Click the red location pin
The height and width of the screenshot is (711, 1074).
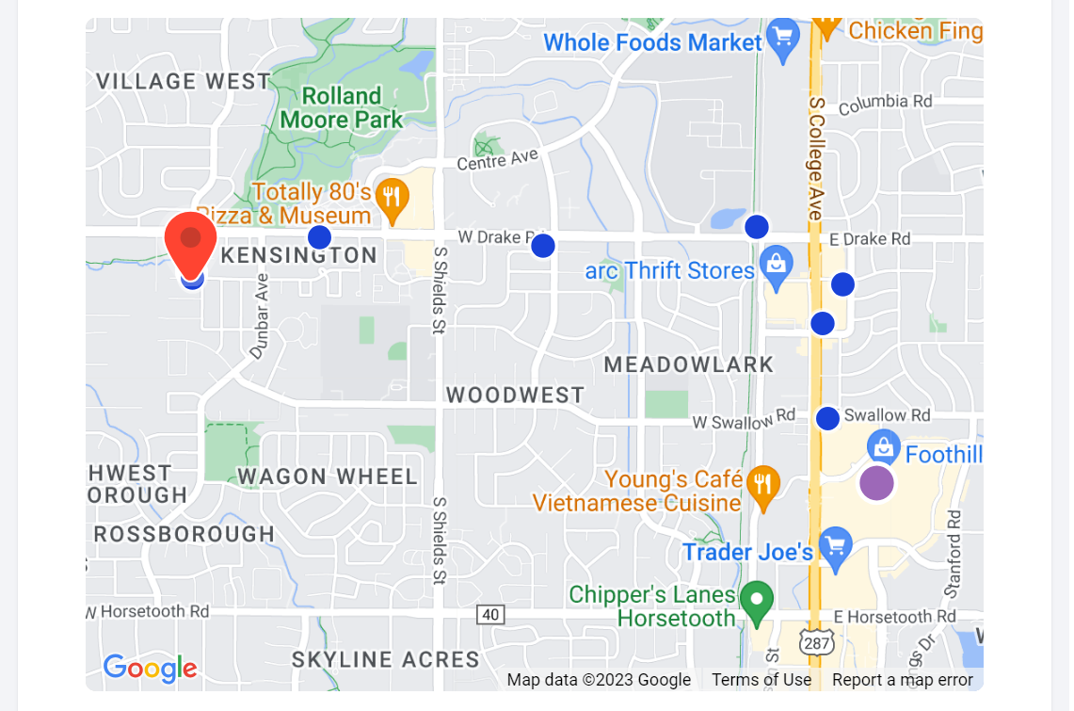[191, 241]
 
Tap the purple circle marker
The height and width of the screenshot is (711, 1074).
[876, 483]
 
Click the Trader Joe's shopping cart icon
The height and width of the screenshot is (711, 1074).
[835, 546]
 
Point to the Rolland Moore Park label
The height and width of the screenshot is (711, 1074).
[342, 108]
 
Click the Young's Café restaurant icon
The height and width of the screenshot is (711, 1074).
[762, 484]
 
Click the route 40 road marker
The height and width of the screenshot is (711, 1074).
[490, 615]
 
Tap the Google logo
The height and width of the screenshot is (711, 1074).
[151, 669]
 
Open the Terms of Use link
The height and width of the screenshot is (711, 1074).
[761, 680]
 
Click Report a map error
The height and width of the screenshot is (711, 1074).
[902, 680]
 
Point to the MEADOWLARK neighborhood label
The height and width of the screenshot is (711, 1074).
[689, 364]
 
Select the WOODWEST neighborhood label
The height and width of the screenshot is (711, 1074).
[516, 395]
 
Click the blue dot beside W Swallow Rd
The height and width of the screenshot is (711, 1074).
[827, 419]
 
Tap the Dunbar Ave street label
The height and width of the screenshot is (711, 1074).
[260, 316]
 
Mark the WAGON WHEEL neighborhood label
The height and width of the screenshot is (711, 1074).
[328, 477]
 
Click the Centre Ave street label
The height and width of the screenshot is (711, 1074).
[498, 160]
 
